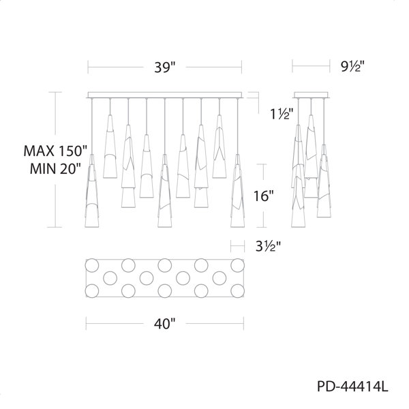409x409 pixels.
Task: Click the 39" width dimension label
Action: (x=165, y=67)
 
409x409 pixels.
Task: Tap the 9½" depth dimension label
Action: (x=352, y=67)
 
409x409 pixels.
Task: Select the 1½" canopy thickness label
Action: (x=282, y=114)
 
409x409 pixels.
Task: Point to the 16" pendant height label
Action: (x=264, y=196)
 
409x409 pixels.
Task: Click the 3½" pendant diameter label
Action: (x=268, y=246)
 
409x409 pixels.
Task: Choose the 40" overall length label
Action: (x=164, y=324)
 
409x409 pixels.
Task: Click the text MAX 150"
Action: (x=55, y=151)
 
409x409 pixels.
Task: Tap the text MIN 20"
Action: (x=55, y=169)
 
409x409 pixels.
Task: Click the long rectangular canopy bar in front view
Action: (x=165, y=95)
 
